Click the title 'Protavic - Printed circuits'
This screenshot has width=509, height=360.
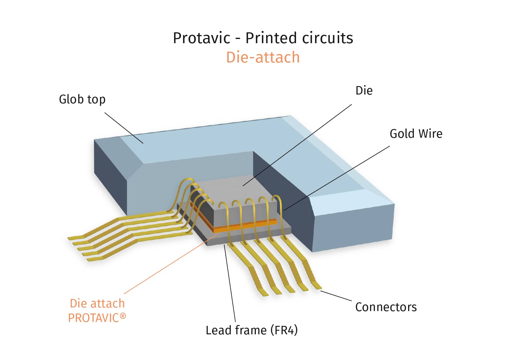(263, 38)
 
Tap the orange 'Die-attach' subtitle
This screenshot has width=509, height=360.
(263, 57)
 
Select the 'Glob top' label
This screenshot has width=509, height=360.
(82, 99)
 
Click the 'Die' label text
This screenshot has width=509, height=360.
(364, 91)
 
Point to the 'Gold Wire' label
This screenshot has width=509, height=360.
(416, 134)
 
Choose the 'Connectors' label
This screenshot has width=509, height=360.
(386, 307)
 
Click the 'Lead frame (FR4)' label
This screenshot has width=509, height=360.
(252, 330)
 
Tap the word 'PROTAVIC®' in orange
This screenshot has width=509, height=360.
(97, 318)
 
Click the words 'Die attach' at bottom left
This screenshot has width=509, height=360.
(97, 303)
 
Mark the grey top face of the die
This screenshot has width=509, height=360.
(239, 190)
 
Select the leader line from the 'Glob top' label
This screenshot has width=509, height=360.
(124, 128)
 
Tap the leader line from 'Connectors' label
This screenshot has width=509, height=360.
(336, 296)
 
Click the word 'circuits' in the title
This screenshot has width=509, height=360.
(327, 38)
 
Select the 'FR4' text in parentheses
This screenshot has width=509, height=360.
(284, 330)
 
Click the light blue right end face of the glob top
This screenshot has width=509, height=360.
(353, 227)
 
